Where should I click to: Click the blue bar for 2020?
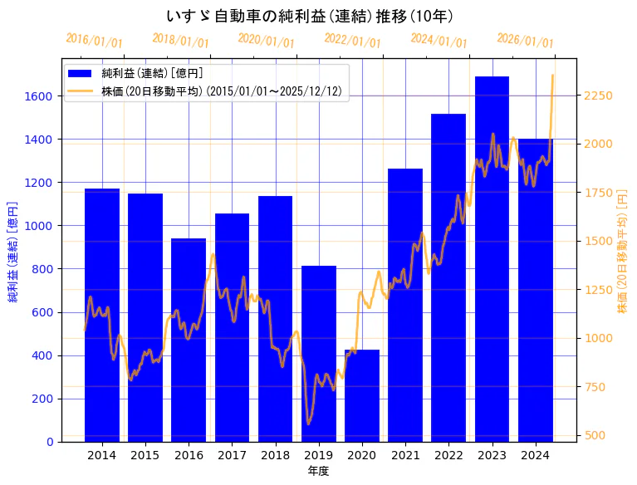(x=362, y=396)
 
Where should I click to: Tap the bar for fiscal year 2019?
(x=319, y=354)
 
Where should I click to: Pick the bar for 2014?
(x=102, y=316)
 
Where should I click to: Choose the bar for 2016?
(x=189, y=340)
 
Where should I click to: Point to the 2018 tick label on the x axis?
(x=275, y=455)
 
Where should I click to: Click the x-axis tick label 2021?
(x=405, y=455)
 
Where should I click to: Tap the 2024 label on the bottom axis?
(x=535, y=455)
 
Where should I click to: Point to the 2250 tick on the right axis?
(x=598, y=96)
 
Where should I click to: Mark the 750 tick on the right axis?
(x=595, y=387)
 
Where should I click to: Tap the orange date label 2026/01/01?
(x=526, y=41)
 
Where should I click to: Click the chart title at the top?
(x=309, y=16)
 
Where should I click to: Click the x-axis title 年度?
(x=318, y=471)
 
